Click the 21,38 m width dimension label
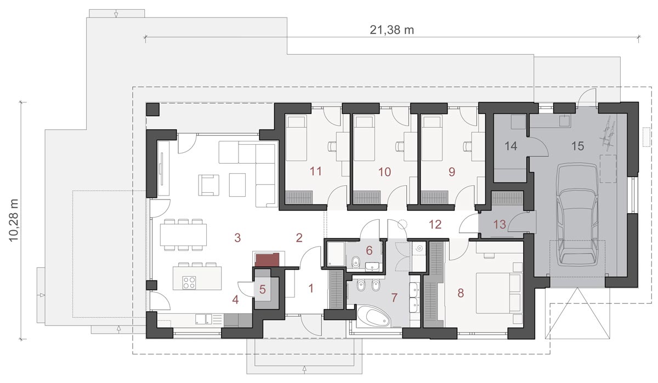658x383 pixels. [392, 30]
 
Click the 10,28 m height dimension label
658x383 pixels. [14, 220]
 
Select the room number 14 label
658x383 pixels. [511, 146]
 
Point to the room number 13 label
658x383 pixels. [500, 225]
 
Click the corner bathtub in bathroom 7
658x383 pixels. [373, 317]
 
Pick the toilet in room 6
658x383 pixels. [356, 262]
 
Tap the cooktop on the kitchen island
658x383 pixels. [189, 283]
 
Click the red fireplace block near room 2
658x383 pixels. [267, 260]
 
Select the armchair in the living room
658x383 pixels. [208, 185]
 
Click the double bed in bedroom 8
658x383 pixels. [499, 293]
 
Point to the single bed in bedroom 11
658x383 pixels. [296, 138]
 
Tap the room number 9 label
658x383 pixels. [452, 172]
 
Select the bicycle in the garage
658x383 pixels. [608, 134]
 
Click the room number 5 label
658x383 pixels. [262, 289]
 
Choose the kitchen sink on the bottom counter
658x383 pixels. [203, 319]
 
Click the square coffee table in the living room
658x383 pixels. [237, 185]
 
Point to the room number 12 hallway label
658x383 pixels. [435, 225]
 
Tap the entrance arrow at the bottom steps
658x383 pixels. [305, 369]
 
